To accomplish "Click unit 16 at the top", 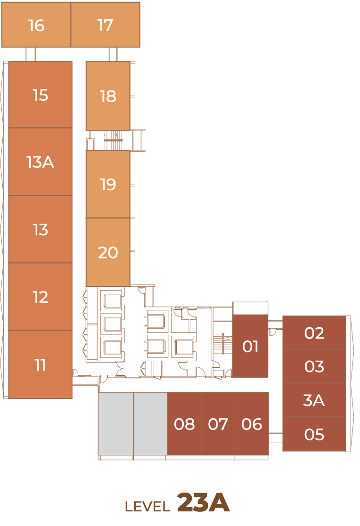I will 36,24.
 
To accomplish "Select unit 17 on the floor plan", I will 105,24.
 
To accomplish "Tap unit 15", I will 41,95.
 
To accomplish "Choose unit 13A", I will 41,162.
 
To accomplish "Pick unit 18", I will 108,96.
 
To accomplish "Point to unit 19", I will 108,184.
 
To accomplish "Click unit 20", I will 108,252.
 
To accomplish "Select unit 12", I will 41,297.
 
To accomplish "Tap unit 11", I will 41,364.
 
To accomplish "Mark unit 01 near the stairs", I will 250,346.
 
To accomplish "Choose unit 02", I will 314,332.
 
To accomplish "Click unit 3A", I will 314,400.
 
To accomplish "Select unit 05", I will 314,434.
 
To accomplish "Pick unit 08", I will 184,424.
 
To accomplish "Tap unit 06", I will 252,424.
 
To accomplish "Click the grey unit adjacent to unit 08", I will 150,424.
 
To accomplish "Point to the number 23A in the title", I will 203,503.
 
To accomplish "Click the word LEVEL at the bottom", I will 147,506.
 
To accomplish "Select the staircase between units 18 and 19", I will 113,140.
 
